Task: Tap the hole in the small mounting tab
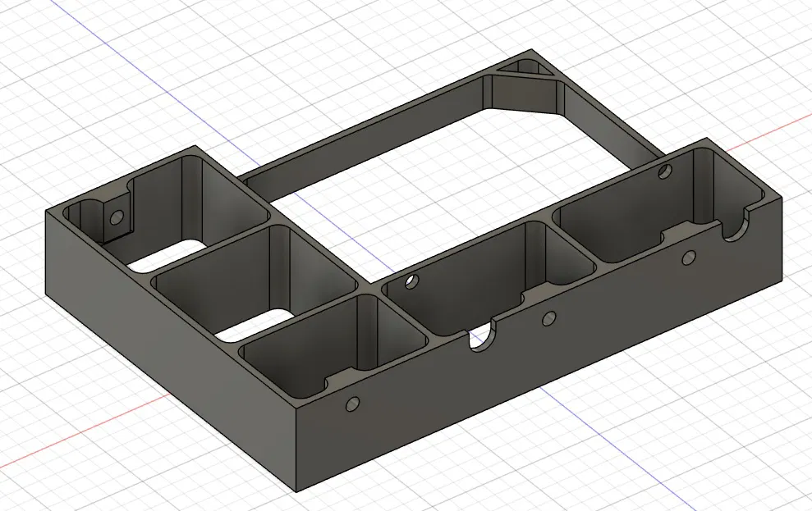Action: [117, 217]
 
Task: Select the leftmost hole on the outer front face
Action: [353, 404]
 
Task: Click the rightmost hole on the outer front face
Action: [689, 258]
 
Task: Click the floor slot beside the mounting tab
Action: [172, 252]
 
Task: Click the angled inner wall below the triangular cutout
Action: [525, 98]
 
